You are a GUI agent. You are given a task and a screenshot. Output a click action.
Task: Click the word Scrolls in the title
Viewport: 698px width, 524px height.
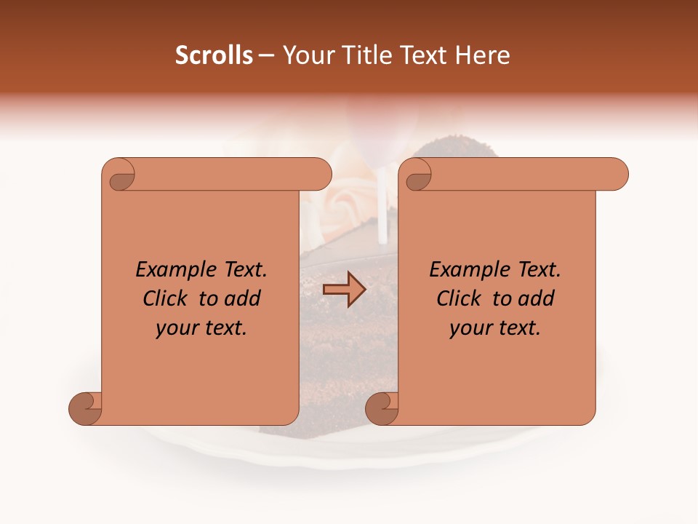coord(214,55)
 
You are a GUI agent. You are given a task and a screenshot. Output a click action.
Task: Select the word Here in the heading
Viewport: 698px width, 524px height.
coord(483,55)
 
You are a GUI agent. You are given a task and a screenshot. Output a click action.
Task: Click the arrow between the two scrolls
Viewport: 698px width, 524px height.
coord(344,290)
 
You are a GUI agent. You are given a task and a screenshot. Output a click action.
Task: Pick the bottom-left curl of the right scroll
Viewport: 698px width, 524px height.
coord(383,408)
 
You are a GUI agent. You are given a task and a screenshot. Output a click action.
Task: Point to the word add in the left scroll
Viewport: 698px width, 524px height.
coord(243,298)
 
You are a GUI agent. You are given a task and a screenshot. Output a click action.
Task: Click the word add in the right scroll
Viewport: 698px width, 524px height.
coord(537,298)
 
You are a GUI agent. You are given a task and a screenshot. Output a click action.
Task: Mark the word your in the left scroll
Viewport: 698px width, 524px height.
coord(174,329)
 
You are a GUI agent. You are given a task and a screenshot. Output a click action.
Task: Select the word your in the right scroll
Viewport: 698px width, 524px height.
coord(468,329)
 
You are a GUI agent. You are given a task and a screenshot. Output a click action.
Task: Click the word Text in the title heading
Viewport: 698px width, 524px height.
coord(425,55)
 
